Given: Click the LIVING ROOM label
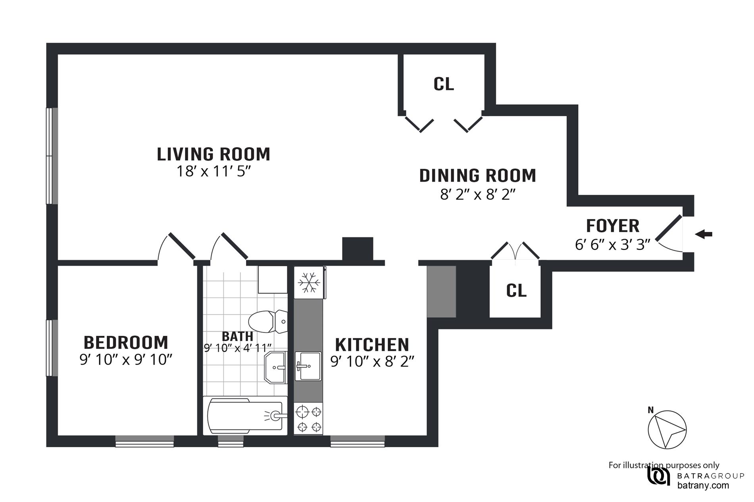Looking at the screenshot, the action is point(214,154).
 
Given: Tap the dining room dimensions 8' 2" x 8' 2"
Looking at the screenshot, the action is point(477,195).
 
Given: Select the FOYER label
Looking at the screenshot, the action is point(613,226).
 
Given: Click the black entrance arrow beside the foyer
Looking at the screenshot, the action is point(704,234).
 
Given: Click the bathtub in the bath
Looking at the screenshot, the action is point(245,416).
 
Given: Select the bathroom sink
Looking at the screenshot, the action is point(275,367).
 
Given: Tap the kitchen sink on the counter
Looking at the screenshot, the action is point(308,366).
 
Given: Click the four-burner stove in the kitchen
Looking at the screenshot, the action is point(308,419).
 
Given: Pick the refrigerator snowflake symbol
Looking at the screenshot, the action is point(309,282).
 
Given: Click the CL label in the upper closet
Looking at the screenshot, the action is point(444,84).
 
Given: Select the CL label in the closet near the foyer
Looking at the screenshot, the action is point(516,291).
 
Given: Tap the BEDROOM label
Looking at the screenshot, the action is point(126,342).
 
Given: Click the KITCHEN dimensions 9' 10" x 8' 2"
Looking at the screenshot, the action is point(372,362).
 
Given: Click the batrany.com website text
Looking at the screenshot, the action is point(703,485).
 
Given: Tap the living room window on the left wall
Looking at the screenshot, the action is point(52,156).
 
